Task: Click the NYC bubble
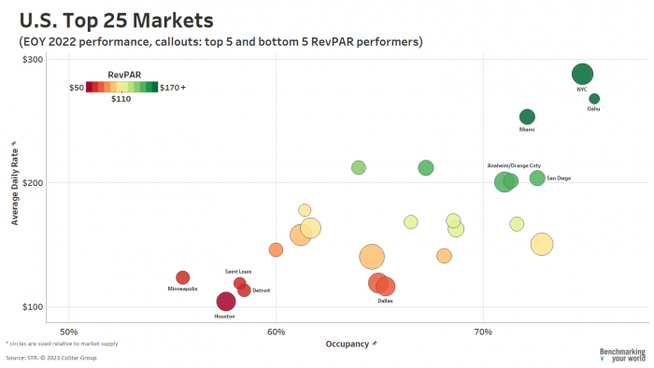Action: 582,75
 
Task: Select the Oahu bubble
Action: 594,99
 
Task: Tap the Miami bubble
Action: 527,117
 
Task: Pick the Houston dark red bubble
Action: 226,301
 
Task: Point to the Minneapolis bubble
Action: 183,277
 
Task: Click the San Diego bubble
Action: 537,178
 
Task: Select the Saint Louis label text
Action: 238,272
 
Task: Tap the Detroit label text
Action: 261,290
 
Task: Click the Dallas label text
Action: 385,301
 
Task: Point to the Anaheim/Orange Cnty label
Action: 514,165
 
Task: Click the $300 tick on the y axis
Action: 34,59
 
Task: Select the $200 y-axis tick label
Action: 34,183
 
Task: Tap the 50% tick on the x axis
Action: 69,333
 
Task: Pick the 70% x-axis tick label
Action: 483,333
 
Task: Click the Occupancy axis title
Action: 350,345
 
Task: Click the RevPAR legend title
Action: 124,75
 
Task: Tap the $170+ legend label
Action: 173,88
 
